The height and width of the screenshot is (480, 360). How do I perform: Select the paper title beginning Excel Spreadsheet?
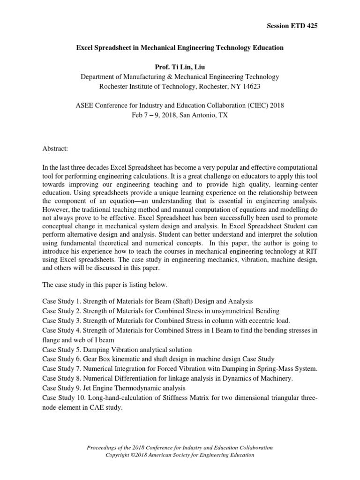point(180,47)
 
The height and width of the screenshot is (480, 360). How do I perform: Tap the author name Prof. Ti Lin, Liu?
point(180,67)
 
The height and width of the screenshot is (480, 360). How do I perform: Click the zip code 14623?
point(250,86)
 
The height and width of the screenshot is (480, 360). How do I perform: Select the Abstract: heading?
point(55,148)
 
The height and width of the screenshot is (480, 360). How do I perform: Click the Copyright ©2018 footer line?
point(180,455)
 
